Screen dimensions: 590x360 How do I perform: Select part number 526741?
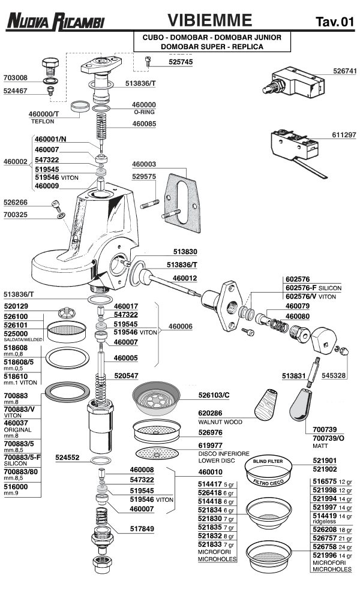[344, 71]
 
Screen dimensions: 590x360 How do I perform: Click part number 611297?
[344, 135]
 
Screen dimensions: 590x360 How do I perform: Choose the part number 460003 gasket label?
[143, 164]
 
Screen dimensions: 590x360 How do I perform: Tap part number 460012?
[185, 278]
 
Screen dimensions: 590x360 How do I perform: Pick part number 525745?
[181, 62]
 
